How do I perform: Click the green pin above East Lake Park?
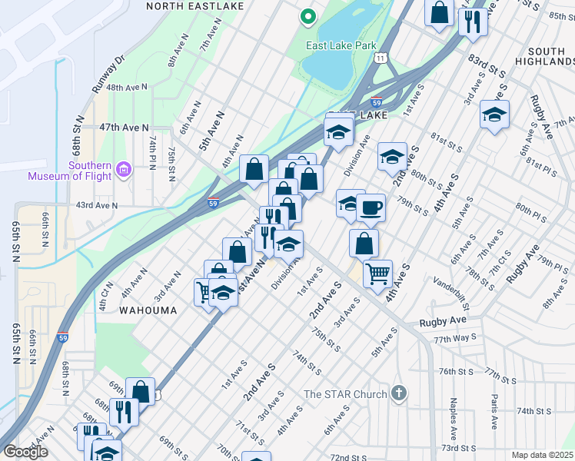307,16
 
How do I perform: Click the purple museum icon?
123,168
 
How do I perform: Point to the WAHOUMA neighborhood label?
148,310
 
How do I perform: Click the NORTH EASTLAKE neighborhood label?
194,5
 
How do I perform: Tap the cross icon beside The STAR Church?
398,393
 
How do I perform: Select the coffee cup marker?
371,207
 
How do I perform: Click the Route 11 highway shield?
381,58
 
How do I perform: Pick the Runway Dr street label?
108,75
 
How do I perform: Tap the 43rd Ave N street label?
96,205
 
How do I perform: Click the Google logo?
25,452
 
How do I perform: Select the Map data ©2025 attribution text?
540,455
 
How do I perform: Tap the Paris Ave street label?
494,411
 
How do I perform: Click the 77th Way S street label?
454,338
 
